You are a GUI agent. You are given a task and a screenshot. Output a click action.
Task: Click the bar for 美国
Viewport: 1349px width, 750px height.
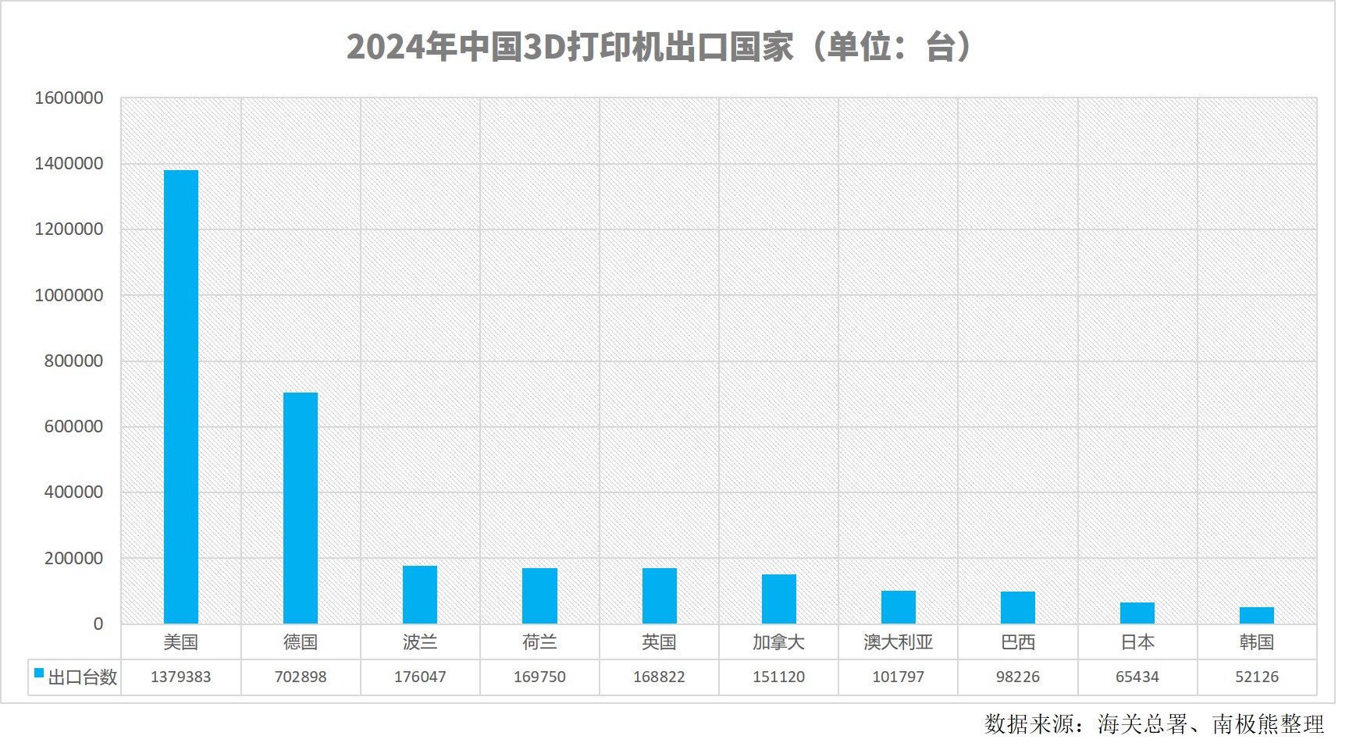pos(181,396)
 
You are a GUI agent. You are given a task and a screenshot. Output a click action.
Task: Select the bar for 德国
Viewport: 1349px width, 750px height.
pos(301,507)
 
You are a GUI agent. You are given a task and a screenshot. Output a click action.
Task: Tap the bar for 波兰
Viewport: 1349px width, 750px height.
pos(420,595)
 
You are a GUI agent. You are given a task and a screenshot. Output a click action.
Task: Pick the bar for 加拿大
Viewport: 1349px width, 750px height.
pos(778,599)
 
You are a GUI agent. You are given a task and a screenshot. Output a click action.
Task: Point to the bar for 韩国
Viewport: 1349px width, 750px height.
pos(1257,615)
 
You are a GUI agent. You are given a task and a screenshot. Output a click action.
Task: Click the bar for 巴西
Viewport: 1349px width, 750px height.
pos(1018,607)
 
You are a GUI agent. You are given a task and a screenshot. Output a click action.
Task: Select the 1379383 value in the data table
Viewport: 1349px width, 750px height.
pos(181,677)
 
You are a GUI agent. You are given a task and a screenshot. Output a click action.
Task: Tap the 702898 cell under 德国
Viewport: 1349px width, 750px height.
pos(301,677)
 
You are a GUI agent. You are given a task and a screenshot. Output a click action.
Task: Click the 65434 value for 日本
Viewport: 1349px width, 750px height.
pos(1137,677)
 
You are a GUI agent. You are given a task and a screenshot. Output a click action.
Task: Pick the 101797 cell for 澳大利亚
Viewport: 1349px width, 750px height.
pos(898,677)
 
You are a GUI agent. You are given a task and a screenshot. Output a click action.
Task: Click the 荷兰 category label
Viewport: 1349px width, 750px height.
pos(539,642)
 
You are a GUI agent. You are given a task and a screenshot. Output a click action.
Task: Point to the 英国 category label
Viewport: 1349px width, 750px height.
pos(659,642)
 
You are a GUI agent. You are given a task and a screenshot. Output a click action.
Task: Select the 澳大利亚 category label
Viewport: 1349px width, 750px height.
pos(898,642)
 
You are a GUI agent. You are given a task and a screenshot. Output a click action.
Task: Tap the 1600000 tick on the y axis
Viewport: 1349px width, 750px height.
pos(69,98)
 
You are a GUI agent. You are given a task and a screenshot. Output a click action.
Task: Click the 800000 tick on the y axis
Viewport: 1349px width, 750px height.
pos(73,361)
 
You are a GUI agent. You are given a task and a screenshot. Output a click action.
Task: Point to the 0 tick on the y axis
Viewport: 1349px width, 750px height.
pos(98,624)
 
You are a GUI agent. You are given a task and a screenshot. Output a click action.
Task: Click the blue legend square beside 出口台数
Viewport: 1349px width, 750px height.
pos(39,673)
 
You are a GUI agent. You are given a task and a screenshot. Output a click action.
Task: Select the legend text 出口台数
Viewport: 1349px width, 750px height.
pos(83,677)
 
